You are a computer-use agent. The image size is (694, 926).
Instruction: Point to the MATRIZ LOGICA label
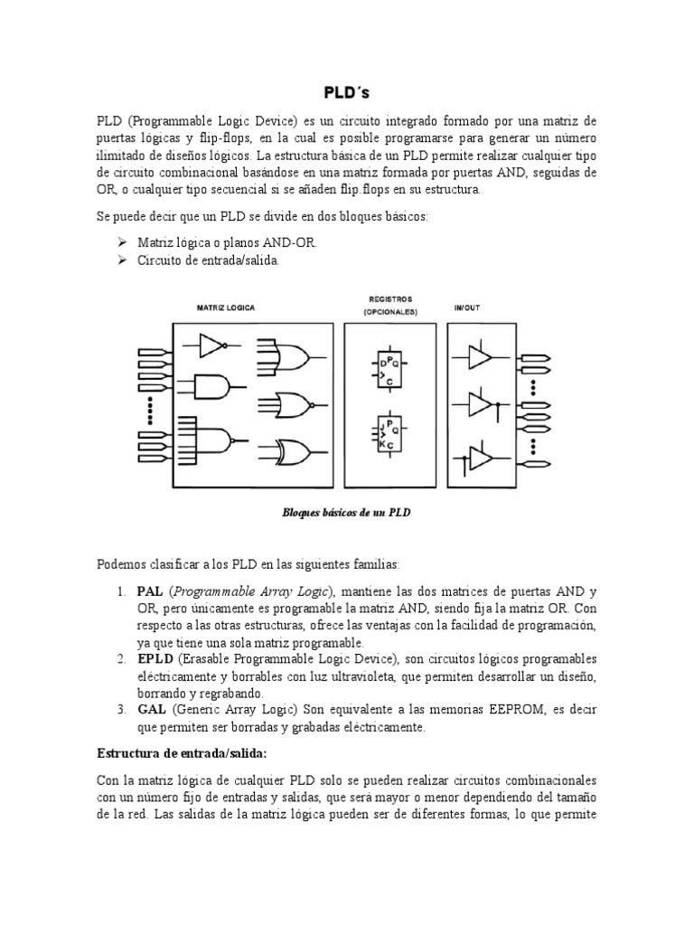click(x=226, y=307)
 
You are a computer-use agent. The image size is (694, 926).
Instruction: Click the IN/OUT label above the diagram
click(x=467, y=307)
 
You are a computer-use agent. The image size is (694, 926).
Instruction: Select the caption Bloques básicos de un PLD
click(x=347, y=513)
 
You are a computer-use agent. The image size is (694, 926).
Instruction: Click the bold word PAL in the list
click(x=150, y=591)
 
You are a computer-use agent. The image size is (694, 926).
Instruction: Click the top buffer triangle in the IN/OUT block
click(x=480, y=358)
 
